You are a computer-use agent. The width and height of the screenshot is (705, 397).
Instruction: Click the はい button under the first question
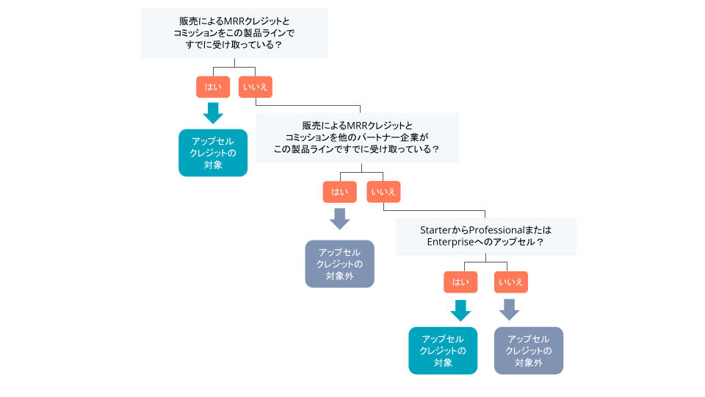[213, 87]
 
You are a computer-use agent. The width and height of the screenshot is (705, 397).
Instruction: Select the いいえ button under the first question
[255, 87]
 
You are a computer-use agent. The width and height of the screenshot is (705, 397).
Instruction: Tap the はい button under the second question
[340, 192]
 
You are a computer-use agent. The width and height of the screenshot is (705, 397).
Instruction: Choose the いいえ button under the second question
[383, 192]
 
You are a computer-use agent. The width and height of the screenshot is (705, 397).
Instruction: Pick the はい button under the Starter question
[460, 282]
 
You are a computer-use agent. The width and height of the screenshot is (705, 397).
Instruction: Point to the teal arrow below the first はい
[213, 112]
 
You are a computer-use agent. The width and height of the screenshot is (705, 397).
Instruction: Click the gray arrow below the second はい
[340, 218]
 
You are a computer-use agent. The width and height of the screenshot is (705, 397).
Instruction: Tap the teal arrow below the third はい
[460, 310]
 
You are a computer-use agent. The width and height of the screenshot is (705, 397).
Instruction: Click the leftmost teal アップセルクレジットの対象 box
[213, 153]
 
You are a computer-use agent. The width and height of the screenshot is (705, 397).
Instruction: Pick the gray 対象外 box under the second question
[340, 263]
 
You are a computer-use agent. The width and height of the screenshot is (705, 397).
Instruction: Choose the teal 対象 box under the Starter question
[443, 350]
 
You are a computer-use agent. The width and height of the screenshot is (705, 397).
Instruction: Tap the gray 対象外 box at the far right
[529, 350]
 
